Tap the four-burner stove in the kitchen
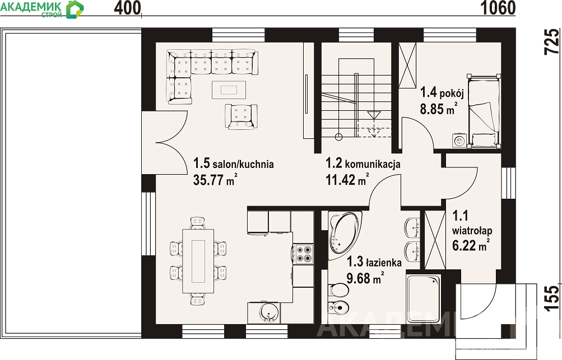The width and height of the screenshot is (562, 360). pyautogui.click(x=303, y=254)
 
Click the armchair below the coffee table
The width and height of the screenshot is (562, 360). pyautogui.click(x=241, y=116)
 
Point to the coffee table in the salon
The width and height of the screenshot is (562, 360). pyautogui.click(x=229, y=89)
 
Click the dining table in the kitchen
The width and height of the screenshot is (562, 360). pyautogui.click(x=198, y=261)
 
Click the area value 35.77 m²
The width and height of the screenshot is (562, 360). pyautogui.click(x=215, y=180)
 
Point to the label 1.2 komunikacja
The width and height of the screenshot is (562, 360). pyautogui.click(x=363, y=163)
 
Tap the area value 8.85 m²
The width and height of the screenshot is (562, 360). pyautogui.click(x=439, y=109)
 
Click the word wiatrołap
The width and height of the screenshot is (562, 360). pyautogui.click(x=472, y=230)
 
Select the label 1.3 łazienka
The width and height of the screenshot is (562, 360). pyautogui.click(x=374, y=262)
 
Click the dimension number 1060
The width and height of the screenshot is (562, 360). pyautogui.click(x=498, y=8)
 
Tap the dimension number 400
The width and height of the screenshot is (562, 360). pyautogui.click(x=128, y=8)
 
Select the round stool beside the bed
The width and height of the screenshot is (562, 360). pyautogui.click(x=459, y=140)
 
